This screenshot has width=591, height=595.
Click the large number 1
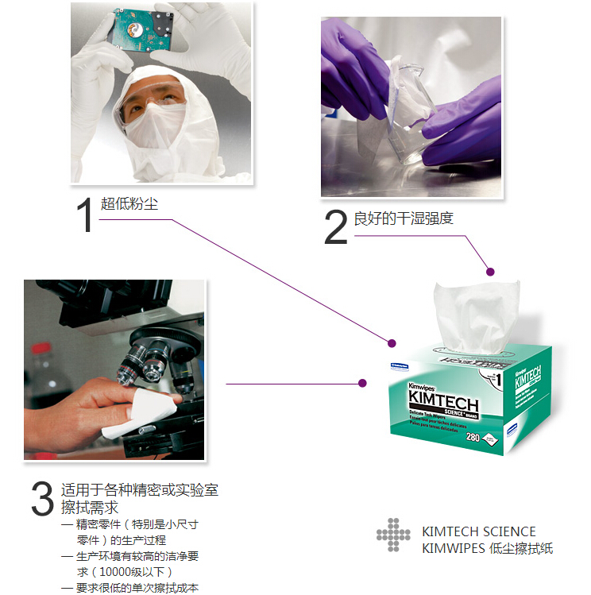click(x=84, y=214)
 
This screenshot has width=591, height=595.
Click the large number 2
click(x=335, y=228)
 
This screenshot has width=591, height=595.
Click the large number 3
click(x=41, y=500)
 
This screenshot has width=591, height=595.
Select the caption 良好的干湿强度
click(x=403, y=218)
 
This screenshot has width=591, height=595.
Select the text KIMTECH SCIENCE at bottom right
click(x=478, y=531)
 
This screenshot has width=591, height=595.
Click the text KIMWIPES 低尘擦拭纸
click(x=487, y=548)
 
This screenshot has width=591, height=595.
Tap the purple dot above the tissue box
click(x=490, y=272)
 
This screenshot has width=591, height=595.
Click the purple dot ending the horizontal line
click(x=362, y=383)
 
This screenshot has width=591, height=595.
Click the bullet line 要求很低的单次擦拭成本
click(x=136, y=588)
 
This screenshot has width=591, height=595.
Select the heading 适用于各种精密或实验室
click(x=139, y=490)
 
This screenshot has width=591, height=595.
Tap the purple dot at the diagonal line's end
click(x=391, y=343)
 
